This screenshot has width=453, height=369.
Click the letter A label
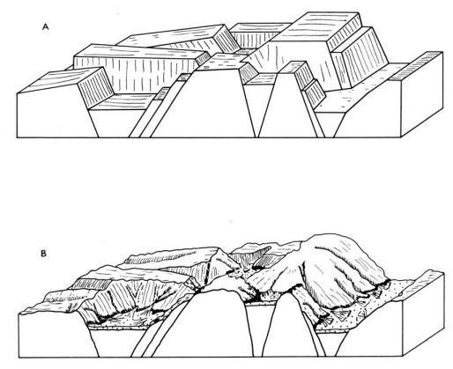[45, 27]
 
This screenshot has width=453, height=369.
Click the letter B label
[43, 254]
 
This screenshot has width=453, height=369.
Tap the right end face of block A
[422, 94]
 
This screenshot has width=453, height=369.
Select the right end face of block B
[423, 314]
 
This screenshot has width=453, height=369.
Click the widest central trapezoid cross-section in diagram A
[203, 106]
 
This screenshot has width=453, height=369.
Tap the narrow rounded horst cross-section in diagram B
[289, 326]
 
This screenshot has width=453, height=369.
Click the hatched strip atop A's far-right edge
[417, 66]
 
